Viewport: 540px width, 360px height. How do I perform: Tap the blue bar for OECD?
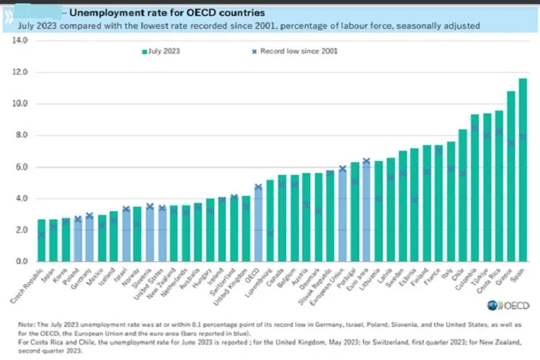coord(258,224)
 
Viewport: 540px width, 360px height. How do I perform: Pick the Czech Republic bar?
coord(42,240)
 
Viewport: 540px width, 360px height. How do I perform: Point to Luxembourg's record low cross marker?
coord(269,233)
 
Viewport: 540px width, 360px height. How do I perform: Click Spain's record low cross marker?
coord(522,137)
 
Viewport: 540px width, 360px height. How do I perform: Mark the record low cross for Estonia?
coord(414,200)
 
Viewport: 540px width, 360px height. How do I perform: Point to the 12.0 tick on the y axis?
coord(20,72)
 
